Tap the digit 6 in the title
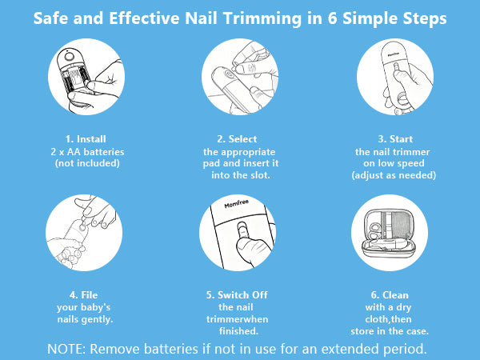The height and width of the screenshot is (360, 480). point(332,18)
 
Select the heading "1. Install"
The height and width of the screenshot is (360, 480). point(86,139)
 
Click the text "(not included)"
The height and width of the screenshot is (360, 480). point(87,163)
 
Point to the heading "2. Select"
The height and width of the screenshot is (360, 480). point(237,139)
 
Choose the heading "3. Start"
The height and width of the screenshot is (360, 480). point(395,139)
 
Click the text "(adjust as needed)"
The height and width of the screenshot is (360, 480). point(394,175)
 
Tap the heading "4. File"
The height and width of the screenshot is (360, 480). point(83,294)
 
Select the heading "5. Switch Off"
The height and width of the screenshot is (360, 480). point(237,294)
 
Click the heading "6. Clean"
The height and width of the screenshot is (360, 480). point(390,294)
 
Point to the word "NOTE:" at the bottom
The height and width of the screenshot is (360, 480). point(67,349)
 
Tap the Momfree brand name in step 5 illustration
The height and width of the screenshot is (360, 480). point(236,203)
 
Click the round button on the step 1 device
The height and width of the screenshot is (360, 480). point(69,57)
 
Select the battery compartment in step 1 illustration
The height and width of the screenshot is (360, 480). point(74,78)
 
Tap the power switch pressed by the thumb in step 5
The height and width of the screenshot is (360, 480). point(242,230)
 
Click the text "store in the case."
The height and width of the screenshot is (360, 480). point(390,331)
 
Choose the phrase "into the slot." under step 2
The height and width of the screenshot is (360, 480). point(241,175)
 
